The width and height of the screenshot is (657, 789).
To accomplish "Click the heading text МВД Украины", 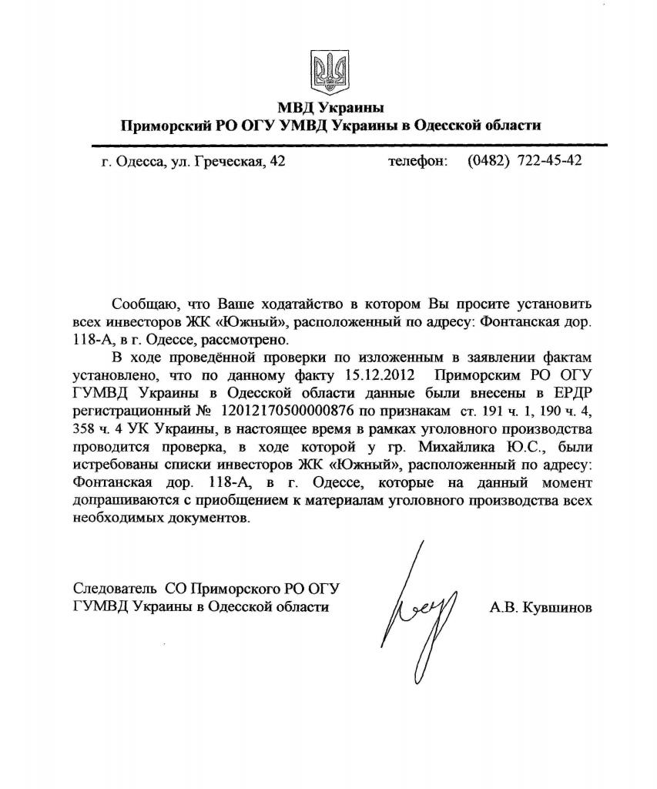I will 330,107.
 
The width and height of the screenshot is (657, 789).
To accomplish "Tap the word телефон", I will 416,161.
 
